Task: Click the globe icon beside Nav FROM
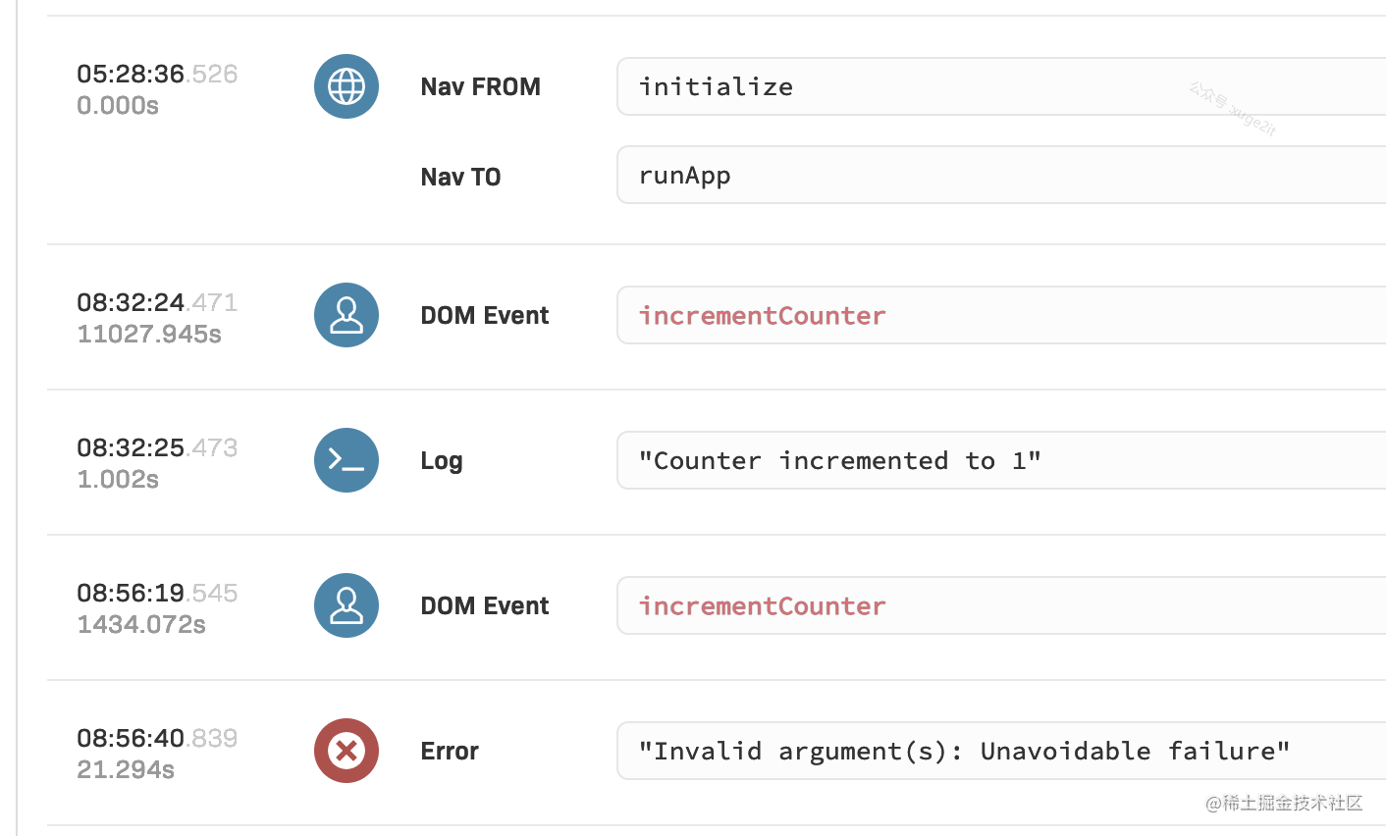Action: coord(346,86)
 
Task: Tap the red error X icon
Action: coord(346,751)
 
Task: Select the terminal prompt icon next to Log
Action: coord(346,460)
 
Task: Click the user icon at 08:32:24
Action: coord(346,315)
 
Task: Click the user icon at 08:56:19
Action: coord(346,605)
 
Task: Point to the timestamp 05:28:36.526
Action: coord(157,75)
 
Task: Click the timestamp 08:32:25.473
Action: coord(157,447)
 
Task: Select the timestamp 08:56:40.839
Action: coord(157,738)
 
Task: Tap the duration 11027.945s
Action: coord(149,335)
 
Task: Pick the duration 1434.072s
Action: coord(141,624)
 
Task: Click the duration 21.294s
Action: coord(126,770)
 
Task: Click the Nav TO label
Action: coord(460,177)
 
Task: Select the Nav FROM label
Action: coord(480,86)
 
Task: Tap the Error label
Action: coord(450,752)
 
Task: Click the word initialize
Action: coord(716,86)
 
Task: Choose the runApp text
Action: coord(685,177)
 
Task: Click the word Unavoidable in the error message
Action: coord(1065,752)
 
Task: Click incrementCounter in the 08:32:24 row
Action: coord(763,316)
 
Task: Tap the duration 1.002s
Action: coord(118,480)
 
